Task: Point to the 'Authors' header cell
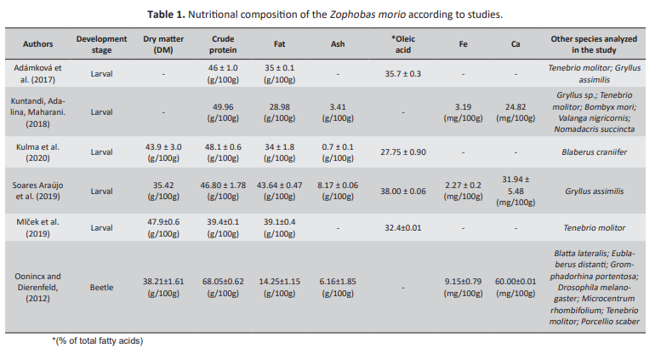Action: pyautogui.click(x=37, y=44)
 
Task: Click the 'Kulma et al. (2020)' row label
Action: pyautogui.click(x=37, y=151)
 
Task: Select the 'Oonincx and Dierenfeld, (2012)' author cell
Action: pyautogui.click(x=37, y=288)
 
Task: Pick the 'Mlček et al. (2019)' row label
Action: pyautogui.click(x=37, y=227)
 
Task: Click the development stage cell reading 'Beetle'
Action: pyautogui.click(x=102, y=288)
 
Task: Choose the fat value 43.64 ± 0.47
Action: pyautogui.click(x=280, y=185)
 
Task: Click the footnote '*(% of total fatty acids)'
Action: pyautogui.click(x=97, y=341)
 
